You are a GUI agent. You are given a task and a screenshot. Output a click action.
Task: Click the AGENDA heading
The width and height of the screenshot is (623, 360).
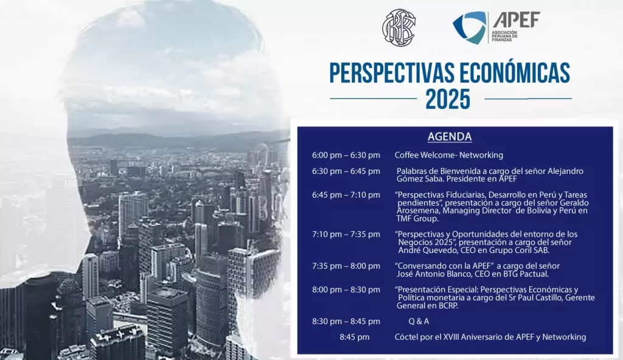[x=450, y=137]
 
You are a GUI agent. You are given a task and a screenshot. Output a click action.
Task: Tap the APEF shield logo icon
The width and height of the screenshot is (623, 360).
[x=469, y=27]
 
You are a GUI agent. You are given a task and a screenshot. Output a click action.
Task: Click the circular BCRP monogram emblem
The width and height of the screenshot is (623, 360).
[x=399, y=27]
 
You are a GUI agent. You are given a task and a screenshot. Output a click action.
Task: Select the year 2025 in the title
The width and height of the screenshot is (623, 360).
[x=448, y=99]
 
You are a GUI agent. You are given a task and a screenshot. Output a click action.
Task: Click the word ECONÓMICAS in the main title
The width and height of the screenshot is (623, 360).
[x=515, y=73]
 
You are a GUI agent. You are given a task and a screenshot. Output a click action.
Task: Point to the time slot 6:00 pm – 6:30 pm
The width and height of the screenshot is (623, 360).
[x=346, y=155]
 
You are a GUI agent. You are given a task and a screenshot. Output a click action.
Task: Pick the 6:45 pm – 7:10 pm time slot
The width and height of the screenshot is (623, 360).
[x=346, y=195]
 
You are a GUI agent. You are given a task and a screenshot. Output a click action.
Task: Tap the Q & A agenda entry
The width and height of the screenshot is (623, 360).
[x=419, y=321]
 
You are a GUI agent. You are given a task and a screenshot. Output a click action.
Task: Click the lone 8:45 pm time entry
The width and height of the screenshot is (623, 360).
[x=355, y=337]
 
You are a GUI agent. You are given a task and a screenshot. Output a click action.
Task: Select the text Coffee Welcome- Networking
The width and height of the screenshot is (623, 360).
[x=448, y=155]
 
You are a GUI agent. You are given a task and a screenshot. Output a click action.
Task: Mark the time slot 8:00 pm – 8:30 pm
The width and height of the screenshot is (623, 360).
[x=346, y=289]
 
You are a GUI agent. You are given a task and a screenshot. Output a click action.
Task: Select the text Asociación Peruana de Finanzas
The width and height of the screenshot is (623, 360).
[x=504, y=36]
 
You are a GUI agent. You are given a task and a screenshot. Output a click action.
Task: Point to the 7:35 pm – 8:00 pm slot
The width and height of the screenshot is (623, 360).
[x=346, y=266]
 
